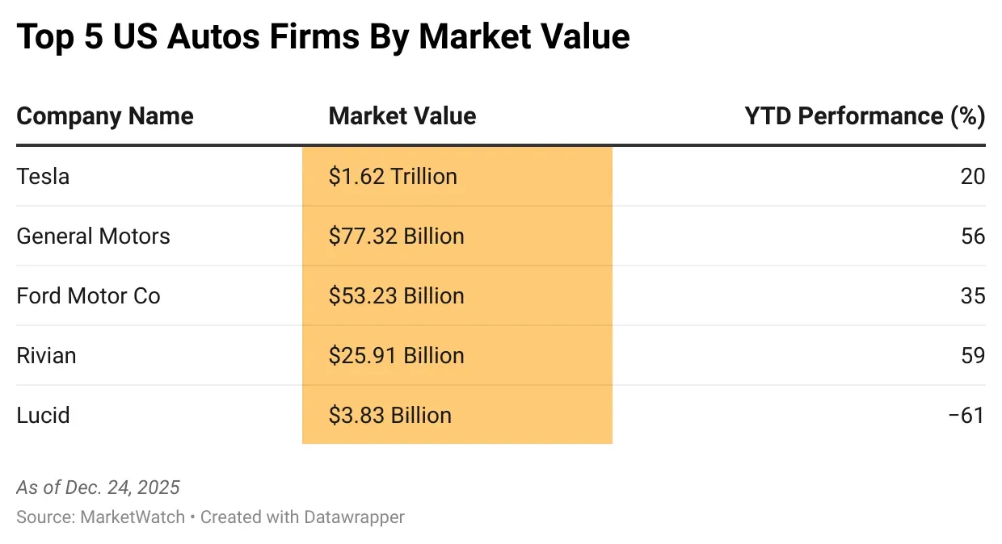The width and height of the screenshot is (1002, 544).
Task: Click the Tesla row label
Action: tap(43, 176)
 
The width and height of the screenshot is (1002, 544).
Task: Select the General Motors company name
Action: tap(93, 236)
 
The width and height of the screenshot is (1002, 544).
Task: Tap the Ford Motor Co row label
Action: tap(88, 295)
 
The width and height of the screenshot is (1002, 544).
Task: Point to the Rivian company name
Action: tap(46, 355)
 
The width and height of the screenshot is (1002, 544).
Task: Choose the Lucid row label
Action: tap(43, 415)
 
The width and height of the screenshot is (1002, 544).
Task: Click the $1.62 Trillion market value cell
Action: tap(393, 176)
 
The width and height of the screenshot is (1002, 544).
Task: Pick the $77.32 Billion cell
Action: tap(396, 236)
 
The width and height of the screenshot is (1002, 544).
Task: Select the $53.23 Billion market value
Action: tap(396, 295)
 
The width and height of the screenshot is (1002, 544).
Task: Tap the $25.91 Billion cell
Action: tap(396, 355)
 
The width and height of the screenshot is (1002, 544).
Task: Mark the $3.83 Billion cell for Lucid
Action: tap(389, 415)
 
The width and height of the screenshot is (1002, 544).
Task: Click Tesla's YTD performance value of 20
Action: tap(973, 176)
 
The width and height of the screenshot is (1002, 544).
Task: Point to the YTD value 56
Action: tap(973, 236)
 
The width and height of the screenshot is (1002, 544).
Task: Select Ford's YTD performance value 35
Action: tap(973, 295)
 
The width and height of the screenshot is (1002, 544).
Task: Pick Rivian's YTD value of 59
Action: tap(973, 355)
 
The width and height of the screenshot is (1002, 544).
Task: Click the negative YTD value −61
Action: tap(966, 415)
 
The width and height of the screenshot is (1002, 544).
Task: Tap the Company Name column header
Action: tap(105, 116)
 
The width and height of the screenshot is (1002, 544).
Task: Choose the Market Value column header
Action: tap(402, 116)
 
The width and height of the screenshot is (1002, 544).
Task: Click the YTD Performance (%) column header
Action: tap(865, 116)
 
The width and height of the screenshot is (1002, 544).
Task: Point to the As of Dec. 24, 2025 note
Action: tap(98, 488)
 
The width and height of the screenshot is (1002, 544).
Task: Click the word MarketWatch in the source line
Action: tap(133, 517)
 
